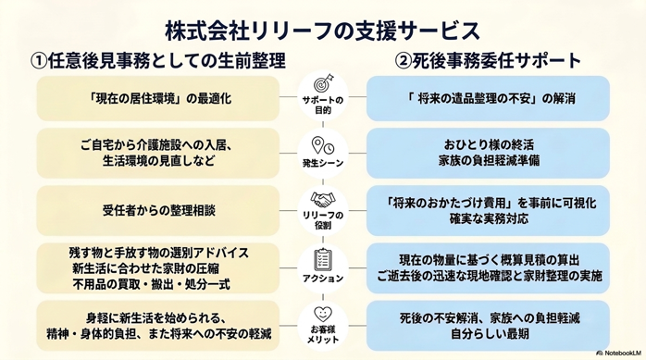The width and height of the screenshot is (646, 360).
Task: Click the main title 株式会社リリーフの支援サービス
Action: (x=323, y=31)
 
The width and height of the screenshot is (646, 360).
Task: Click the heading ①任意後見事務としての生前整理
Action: (x=157, y=61)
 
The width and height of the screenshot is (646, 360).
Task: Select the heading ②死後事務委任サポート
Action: (x=488, y=61)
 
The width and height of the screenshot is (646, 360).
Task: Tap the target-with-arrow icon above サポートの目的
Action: (x=323, y=83)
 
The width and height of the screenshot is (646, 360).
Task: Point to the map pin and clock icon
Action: (x=323, y=146)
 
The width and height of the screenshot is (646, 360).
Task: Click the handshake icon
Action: (x=323, y=200)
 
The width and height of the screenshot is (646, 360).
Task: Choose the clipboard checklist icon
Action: (x=323, y=260)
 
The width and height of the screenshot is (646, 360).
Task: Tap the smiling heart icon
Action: (x=323, y=315)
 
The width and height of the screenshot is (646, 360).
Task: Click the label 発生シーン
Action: (x=323, y=164)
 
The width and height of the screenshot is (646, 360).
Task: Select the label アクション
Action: (x=323, y=279)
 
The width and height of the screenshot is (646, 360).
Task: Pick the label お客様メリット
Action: (x=323, y=334)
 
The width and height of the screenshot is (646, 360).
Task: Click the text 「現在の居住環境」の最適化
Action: (x=160, y=98)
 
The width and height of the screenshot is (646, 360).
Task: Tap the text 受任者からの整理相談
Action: (x=158, y=210)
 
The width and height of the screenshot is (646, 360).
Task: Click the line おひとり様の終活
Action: (x=489, y=145)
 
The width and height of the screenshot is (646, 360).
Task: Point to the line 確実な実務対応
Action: (x=489, y=218)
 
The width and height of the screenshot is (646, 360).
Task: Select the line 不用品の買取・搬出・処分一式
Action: (x=151, y=284)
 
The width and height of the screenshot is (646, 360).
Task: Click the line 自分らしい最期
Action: (x=490, y=333)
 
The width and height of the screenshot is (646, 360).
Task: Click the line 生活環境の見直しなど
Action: (x=158, y=161)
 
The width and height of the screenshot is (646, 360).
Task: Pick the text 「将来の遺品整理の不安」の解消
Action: (x=491, y=98)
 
